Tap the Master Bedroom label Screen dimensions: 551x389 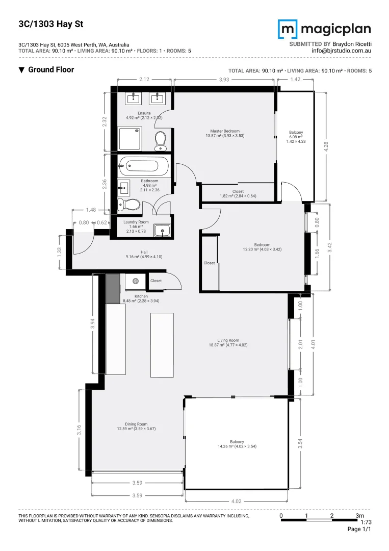pyautogui.click(x=225, y=133)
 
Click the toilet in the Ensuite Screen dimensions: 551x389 pyautogui.click(x=161, y=140)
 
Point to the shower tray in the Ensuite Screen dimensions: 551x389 pyautogui.click(x=131, y=139)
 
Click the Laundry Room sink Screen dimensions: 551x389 pyautogui.click(x=163, y=231)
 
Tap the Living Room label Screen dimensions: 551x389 pyautogui.click(x=227, y=342)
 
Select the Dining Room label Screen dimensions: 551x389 pyautogui.click(x=136, y=427)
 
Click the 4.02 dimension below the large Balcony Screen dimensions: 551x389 pyautogui.click(x=236, y=501)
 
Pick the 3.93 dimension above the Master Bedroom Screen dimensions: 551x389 pyautogui.click(x=224, y=80)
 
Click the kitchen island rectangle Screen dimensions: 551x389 pyautogui.click(x=162, y=344)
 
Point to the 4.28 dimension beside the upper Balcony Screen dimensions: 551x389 pyautogui.click(x=326, y=146)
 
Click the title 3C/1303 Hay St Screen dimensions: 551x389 pyautogui.click(x=43, y=24)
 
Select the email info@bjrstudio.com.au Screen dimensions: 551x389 pyautogui.click(x=341, y=51)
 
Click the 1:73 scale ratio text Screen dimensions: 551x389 pyautogui.click(x=365, y=522)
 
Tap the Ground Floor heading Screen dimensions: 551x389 pyautogui.click(x=50, y=70)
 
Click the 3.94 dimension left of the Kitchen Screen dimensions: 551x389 pyautogui.click(x=92, y=324)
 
